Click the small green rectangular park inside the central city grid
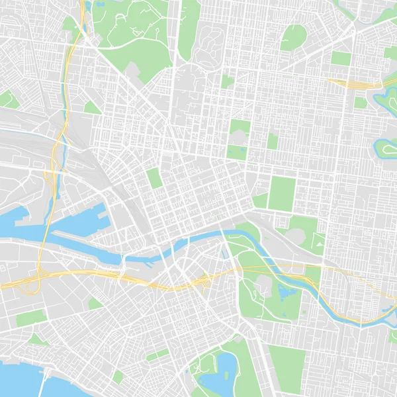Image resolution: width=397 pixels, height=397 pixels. point(154,178)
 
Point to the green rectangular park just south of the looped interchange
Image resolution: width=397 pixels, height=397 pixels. point(30,318)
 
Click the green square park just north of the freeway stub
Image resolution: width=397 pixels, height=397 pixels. point(341,58)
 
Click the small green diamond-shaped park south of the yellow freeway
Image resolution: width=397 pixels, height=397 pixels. point(95,304)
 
